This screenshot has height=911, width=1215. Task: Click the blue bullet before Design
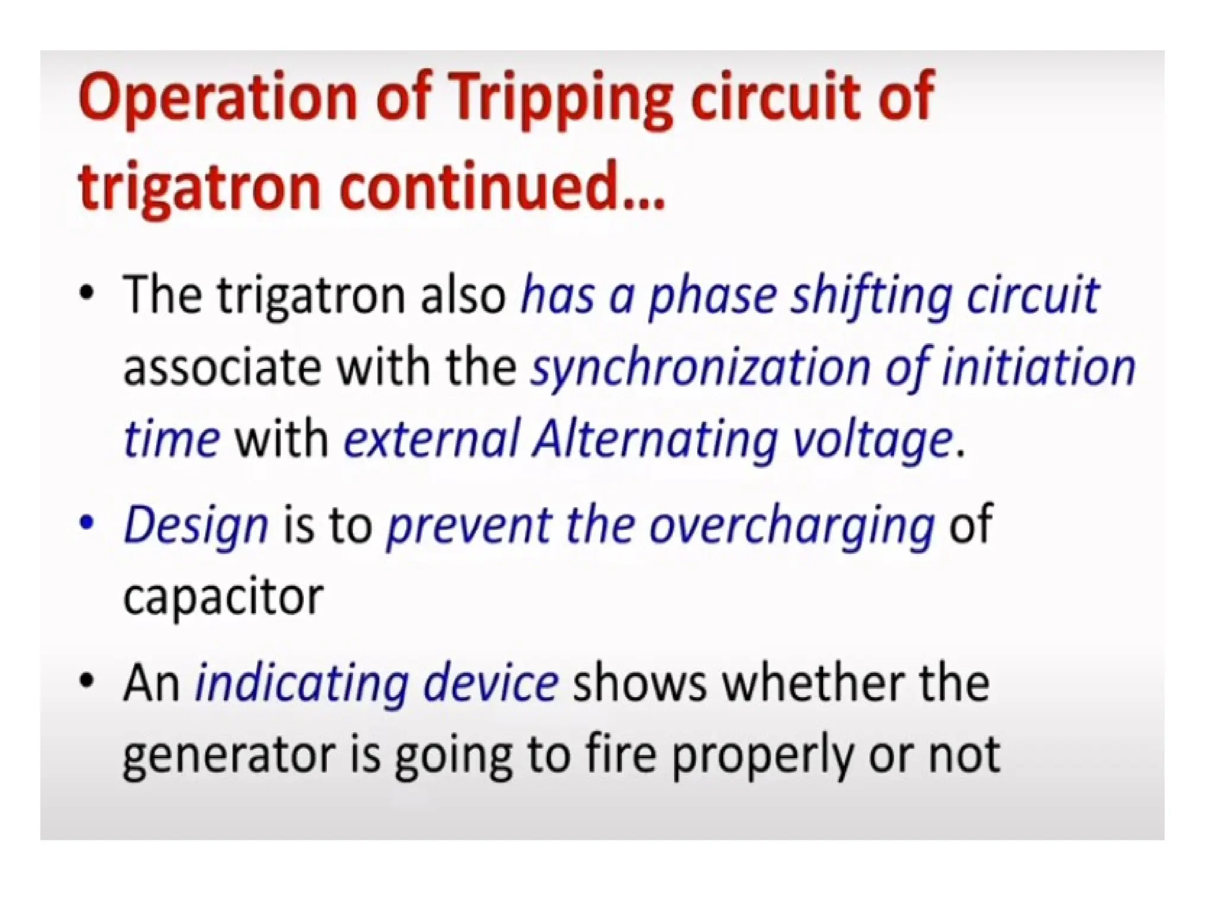tap(87, 523)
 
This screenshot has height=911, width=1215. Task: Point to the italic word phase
tap(713, 296)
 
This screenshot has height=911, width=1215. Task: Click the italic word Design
tap(196, 525)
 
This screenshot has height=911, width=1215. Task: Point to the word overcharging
tap(792, 525)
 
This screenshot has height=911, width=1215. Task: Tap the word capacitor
tap(223, 597)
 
